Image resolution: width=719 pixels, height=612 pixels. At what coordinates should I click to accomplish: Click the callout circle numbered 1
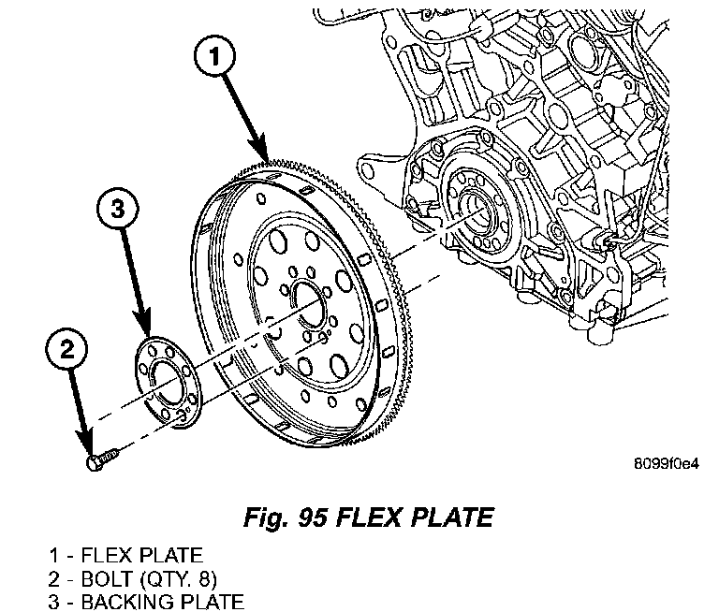click(214, 58)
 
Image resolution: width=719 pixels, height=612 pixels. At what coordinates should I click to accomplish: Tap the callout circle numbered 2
click(66, 352)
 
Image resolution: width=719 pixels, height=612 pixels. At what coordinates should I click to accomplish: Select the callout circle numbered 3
click(117, 211)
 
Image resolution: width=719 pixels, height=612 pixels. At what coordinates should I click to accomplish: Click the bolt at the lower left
click(100, 459)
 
